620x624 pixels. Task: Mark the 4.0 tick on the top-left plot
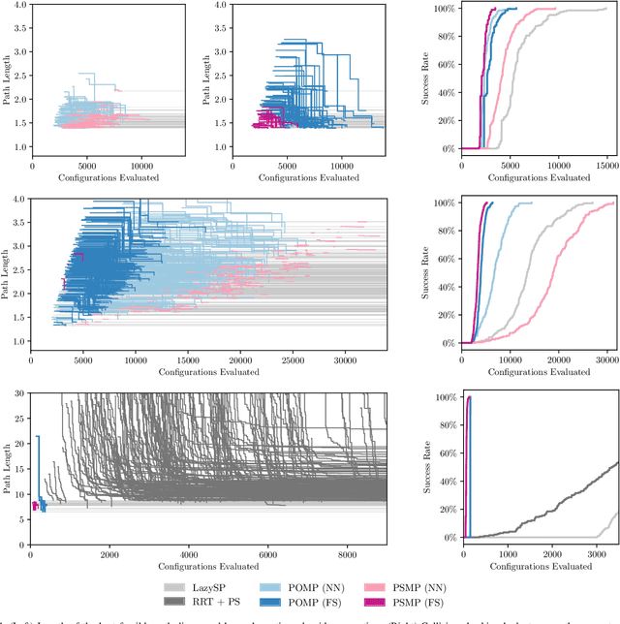click(x=19, y=6)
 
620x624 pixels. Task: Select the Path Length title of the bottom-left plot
click(x=7, y=467)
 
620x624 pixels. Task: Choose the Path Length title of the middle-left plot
click(x=7, y=272)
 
